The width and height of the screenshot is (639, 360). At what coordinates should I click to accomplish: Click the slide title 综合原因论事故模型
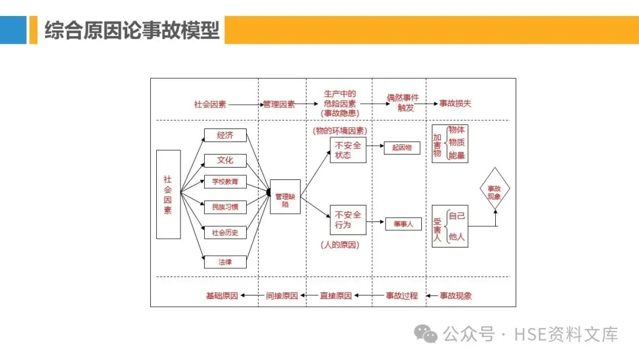click(132, 30)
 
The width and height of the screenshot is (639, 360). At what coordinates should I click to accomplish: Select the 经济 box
click(225, 135)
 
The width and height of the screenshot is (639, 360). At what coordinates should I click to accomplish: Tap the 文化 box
click(225, 160)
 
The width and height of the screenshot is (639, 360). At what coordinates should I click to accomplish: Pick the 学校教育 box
click(225, 182)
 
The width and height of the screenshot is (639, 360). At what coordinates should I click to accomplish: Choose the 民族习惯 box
click(225, 207)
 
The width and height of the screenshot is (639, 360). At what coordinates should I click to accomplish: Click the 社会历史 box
click(225, 232)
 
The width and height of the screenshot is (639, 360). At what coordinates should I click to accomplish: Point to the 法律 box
click(225, 261)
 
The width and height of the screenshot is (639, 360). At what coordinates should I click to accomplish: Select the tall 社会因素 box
click(168, 194)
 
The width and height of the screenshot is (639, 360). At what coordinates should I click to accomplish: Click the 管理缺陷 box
click(285, 197)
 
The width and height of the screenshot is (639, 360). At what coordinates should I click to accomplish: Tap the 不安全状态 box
click(348, 150)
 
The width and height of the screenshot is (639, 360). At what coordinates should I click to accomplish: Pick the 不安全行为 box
click(348, 220)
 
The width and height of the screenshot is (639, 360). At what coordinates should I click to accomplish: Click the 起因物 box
click(402, 148)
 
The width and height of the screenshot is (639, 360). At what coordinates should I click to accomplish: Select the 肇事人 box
click(403, 224)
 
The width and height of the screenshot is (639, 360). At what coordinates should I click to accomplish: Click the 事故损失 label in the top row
click(455, 104)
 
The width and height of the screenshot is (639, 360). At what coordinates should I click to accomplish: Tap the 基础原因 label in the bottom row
click(222, 295)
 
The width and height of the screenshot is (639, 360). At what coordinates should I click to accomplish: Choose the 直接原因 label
click(335, 295)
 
